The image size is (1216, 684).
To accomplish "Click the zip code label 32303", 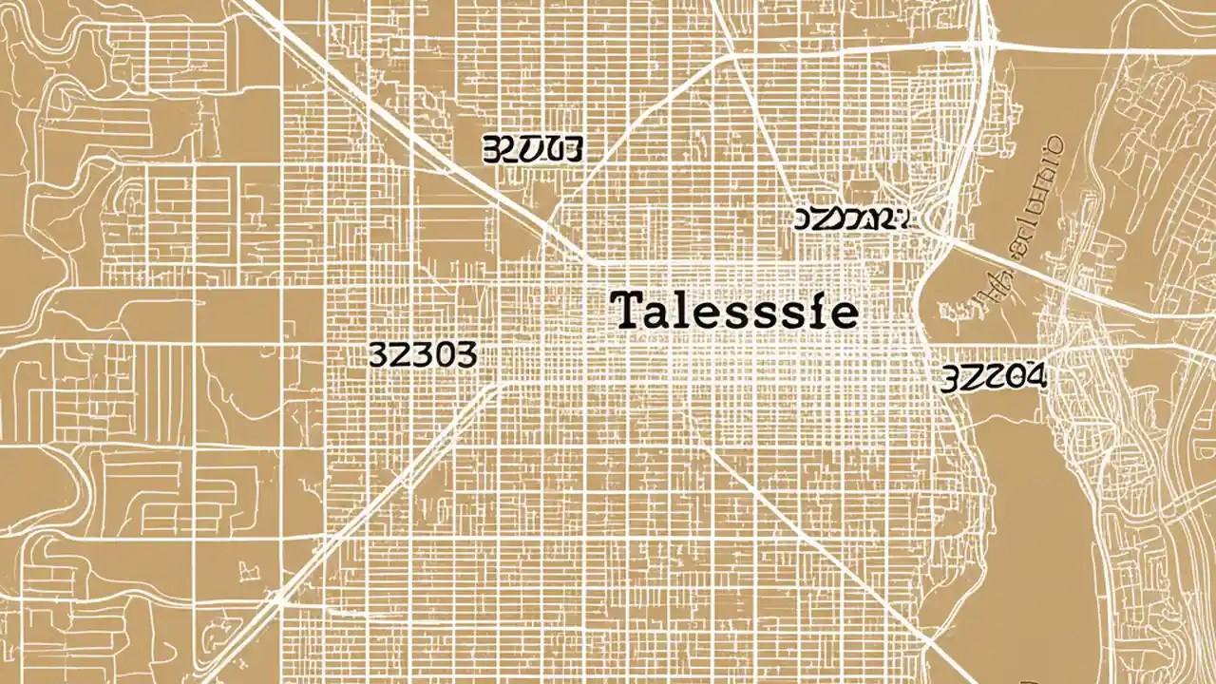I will [421, 355].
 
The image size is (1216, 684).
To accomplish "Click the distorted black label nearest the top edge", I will [532, 148].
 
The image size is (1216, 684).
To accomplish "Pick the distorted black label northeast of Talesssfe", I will [851, 219].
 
